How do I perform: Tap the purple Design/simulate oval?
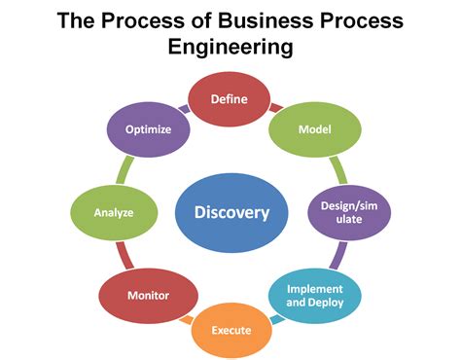pos(344,212)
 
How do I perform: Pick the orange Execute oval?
pos(232,330)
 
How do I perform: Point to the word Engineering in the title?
pos(230,47)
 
